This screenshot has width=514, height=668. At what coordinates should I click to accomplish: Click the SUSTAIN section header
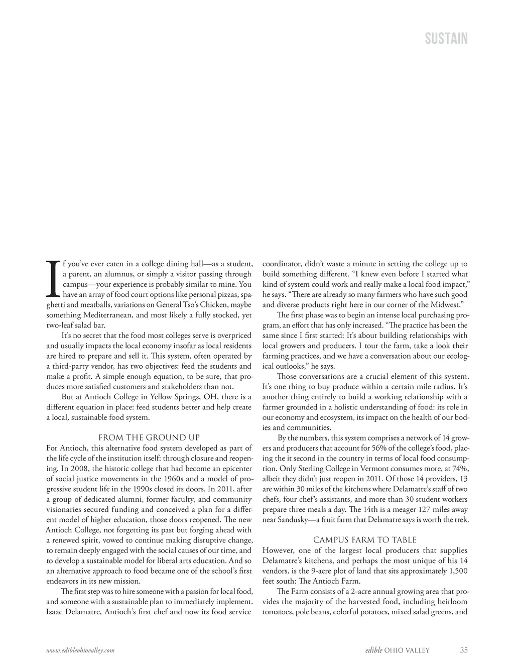[446, 39]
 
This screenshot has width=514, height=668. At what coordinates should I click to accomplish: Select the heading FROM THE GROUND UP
[149, 437]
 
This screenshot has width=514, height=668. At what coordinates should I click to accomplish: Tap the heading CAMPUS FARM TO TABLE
[365, 540]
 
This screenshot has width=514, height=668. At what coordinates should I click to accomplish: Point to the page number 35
[464, 650]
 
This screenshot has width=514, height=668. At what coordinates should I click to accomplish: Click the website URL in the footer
[80, 650]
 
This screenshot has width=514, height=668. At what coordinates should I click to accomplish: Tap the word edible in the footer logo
[374, 650]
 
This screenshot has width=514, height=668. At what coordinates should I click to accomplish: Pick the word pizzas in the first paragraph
[225, 294]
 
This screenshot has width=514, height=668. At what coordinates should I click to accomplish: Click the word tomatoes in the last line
[278, 612]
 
